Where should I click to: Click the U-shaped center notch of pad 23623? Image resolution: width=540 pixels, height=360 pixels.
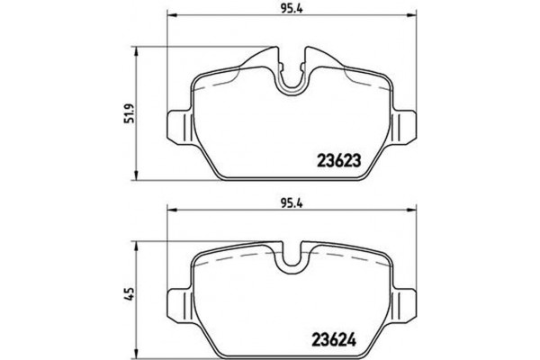point(291,78)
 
